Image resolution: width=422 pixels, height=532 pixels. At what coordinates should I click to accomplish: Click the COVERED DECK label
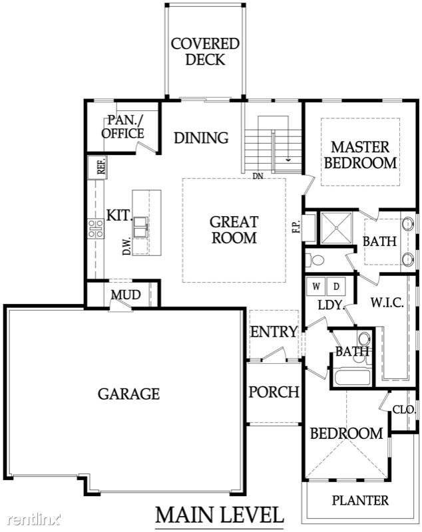pyautogui.click(x=205, y=52)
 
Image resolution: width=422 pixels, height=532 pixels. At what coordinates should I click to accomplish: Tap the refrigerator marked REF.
pyautogui.click(x=97, y=168)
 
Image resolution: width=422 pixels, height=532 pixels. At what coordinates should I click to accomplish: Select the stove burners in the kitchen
pyautogui.click(x=96, y=228)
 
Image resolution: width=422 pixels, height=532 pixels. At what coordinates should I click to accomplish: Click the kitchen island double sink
pyautogui.click(x=141, y=227)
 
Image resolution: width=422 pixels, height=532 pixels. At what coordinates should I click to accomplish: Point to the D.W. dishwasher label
pyautogui.click(x=126, y=246)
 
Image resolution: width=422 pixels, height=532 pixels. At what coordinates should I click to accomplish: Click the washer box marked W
pyautogui.click(x=316, y=286)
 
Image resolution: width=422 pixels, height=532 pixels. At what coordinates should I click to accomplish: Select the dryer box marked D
pyautogui.click(x=336, y=286)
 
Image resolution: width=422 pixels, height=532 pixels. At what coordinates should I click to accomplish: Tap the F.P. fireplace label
pyautogui.click(x=296, y=226)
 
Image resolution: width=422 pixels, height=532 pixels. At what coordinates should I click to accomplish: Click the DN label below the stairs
pyautogui.click(x=258, y=176)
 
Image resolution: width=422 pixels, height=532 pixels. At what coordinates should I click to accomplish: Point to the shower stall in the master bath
pyautogui.click(x=336, y=228)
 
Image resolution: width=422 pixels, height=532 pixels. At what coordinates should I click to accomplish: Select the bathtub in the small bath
pyautogui.click(x=352, y=377)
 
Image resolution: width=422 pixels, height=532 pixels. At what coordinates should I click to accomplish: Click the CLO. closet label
pyautogui.click(x=404, y=410)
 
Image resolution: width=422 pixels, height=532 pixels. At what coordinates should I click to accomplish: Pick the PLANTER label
pyautogui.click(x=360, y=501)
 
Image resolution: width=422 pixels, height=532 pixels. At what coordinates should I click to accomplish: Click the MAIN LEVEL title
pyautogui.click(x=219, y=515)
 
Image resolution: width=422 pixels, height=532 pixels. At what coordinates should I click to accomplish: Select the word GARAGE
pyautogui.click(x=128, y=394)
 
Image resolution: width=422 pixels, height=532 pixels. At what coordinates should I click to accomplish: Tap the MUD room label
pyautogui.click(x=126, y=295)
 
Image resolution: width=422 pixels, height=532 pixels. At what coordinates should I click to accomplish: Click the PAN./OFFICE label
pyautogui.click(x=122, y=127)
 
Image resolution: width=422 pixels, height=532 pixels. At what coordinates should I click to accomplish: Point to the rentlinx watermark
pyautogui.click(x=35, y=519)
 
